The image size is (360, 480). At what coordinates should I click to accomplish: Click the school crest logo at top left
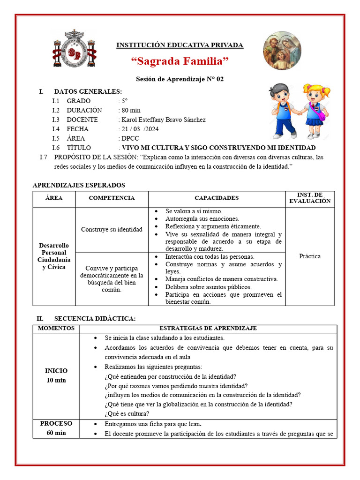coord(74,48)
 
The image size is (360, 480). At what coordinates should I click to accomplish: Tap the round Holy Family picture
coord(282,51)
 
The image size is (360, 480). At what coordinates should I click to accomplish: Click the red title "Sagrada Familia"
coord(180,61)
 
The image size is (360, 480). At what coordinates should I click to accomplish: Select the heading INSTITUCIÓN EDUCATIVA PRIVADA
coord(180,45)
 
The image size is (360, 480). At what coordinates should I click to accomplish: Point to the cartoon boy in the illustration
coord(283,111)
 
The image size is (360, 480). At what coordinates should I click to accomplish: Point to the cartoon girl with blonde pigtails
coord(315,111)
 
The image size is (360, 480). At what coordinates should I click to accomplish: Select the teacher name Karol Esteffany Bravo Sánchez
coord(163,120)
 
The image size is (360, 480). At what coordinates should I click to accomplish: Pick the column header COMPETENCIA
coord(112,198)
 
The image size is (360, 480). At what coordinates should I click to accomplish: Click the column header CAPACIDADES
coord(217,198)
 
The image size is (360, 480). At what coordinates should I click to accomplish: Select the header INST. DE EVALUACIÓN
coord(310,198)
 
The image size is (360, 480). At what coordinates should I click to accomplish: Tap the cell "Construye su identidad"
coord(112,229)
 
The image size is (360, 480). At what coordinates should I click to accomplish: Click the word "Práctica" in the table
coord(310,256)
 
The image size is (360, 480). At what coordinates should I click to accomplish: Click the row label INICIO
coord(56,371)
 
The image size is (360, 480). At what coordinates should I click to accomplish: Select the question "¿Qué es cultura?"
coord(127,413)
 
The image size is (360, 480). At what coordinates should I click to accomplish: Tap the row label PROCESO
coord(56,424)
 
